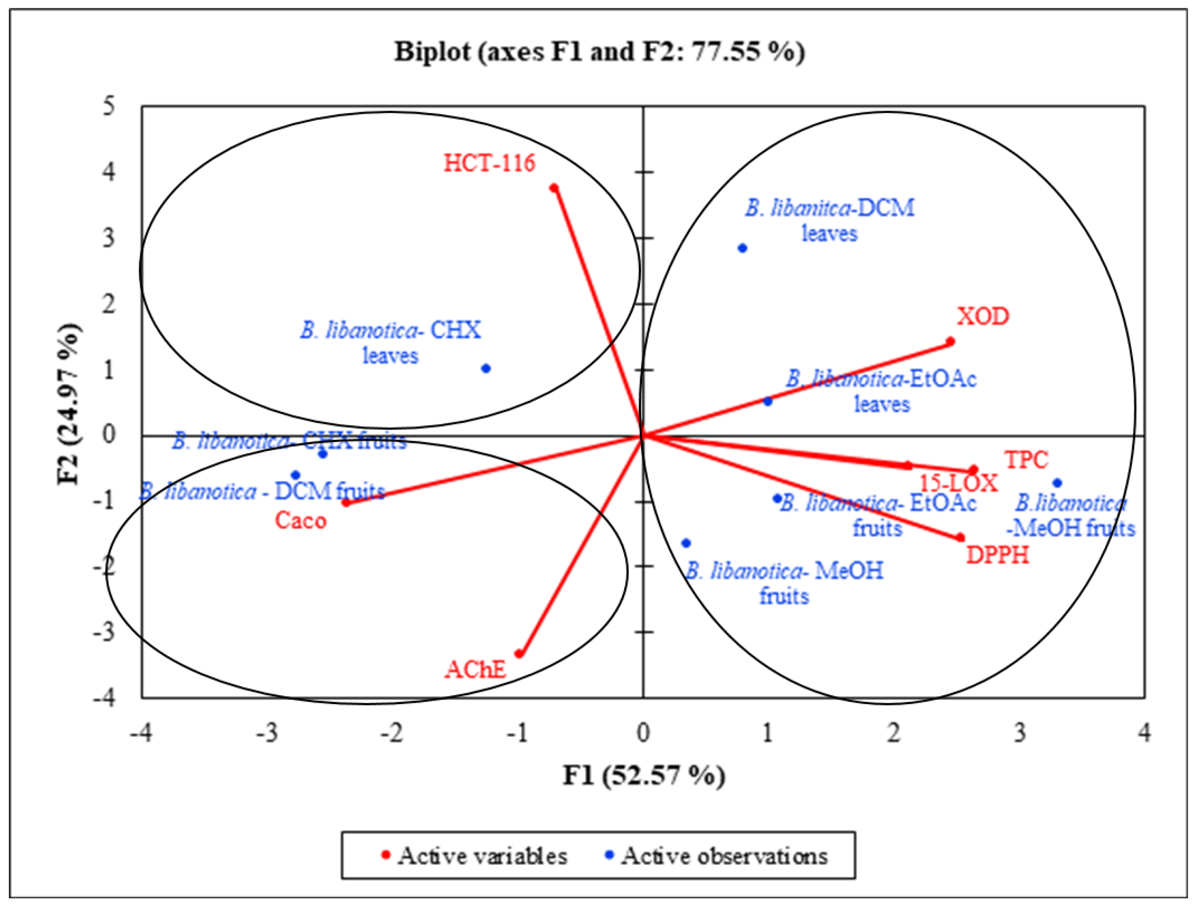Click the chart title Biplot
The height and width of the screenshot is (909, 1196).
pos(599,52)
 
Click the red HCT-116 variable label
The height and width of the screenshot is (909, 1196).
pos(489,163)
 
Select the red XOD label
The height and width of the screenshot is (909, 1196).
pos(983,317)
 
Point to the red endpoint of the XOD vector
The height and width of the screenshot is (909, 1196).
pos(950,341)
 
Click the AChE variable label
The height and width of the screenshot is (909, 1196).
pos(475,670)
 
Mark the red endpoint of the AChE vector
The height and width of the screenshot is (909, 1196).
pos(519,654)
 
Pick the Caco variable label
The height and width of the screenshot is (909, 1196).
pos(301,521)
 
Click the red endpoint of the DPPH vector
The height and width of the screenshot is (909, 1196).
pos(960,537)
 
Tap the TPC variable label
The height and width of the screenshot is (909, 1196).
pos(1027,460)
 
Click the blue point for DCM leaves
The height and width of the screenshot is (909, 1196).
pos(743,248)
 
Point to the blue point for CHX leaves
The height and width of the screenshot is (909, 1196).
pos(486,368)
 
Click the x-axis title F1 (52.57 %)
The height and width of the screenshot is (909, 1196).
pos(643,776)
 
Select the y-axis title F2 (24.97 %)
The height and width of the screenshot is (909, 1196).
pos(69,405)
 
